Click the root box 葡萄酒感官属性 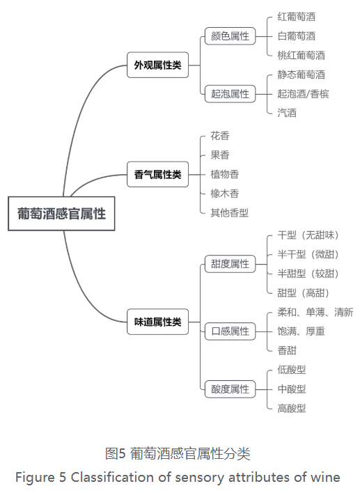click(x=61, y=214)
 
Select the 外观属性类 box click(x=157, y=65)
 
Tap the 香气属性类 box click(x=157, y=175)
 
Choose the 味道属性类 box click(x=157, y=322)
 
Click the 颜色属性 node click(x=230, y=36)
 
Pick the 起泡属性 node click(x=230, y=94)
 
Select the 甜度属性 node click(x=230, y=264)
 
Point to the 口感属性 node click(x=230, y=331)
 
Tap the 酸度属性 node click(x=230, y=389)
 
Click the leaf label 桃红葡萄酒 click(x=301, y=55)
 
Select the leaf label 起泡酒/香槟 click(x=303, y=94)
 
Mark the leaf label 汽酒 click(x=287, y=113)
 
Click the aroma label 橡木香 click(x=224, y=194)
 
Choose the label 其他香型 click(x=229, y=213)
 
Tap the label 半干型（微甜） click(x=308, y=254)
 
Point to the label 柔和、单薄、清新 click(x=315, y=312)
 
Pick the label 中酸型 click(x=292, y=389)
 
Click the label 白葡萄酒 click(x=296, y=36)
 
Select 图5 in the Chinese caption click(x=116, y=454)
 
